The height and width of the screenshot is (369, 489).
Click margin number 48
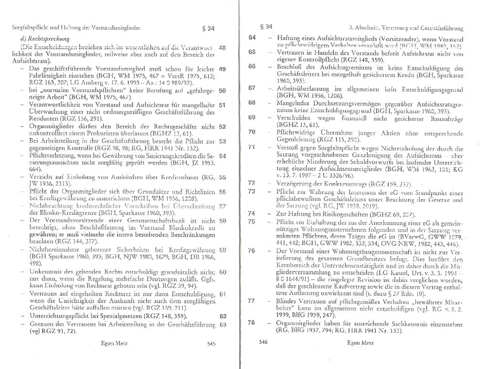(222, 48)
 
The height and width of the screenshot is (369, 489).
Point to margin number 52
(222, 127)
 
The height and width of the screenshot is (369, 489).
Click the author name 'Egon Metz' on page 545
(114, 343)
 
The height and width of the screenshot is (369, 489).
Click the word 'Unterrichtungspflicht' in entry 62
(59, 316)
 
